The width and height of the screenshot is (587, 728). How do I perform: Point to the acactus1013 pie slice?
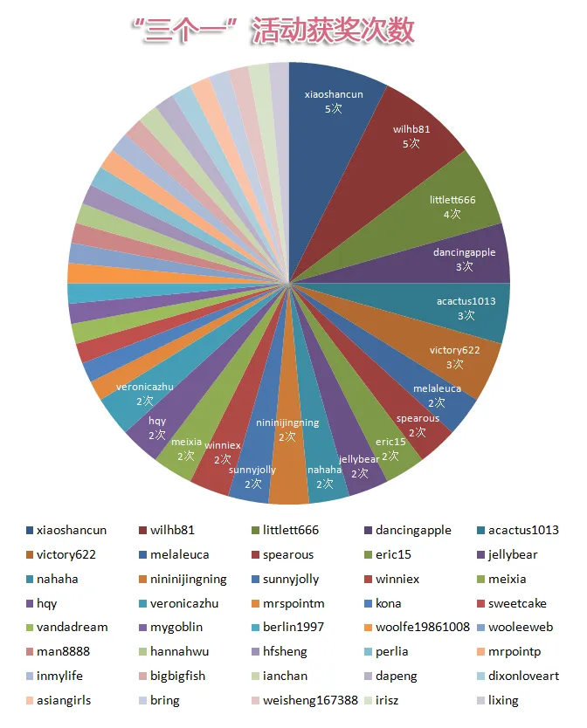coord(466,307)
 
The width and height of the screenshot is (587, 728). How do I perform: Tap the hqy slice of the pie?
coord(157,427)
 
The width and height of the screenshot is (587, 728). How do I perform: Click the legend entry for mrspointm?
coord(293,603)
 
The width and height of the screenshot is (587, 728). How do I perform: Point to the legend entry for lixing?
coord(503,700)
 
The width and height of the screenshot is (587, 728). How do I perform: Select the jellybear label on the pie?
coord(359,459)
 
